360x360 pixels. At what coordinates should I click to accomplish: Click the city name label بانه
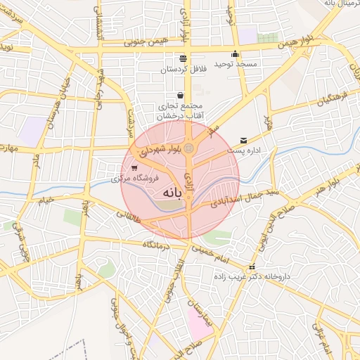coord(172,192)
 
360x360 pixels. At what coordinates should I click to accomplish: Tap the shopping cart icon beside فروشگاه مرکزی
coord(134,168)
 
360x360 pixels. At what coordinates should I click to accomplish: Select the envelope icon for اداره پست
coord(243,140)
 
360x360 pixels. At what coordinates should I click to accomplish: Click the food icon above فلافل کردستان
coord(183,58)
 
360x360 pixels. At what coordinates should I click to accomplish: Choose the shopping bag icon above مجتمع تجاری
coord(181,95)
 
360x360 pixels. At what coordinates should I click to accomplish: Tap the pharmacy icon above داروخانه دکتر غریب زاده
coord(252,266)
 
